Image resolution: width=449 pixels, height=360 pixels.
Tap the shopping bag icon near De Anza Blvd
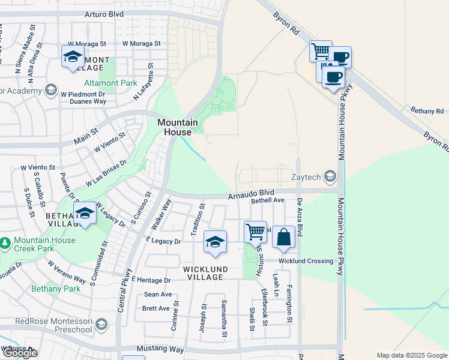click(x=283, y=238)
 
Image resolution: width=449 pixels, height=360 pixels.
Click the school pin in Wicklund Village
click(x=215, y=241)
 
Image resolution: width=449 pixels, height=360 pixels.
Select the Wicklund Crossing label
click(x=306, y=261)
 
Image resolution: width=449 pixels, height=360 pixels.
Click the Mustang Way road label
click(x=158, y=349)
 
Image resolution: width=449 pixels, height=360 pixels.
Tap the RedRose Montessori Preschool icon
click(x=101, y=325)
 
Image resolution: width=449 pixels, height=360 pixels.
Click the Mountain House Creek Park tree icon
click(x=5, y=244)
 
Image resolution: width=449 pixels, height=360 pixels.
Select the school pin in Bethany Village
click(x=85, y=213)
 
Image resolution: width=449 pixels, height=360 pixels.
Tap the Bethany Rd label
click(x=427, y=111)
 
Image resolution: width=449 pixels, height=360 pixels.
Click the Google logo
click(x=20, y=353)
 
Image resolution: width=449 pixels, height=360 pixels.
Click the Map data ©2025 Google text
click(x=411, y=355)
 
